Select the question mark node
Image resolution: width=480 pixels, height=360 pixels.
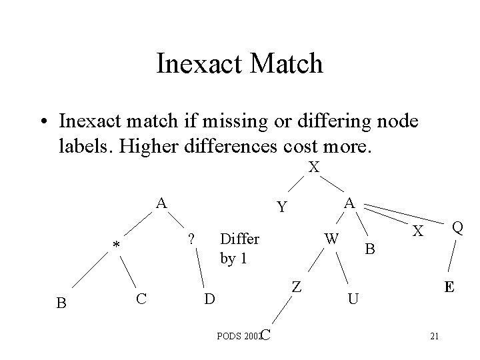(x=190, y=239)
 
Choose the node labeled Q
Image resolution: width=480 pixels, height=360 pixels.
(x=458, y=228)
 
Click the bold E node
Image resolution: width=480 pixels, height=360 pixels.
(x=451, y=287)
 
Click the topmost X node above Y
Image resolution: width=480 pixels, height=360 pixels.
(x=314, y=167)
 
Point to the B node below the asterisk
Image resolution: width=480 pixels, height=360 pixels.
(x=61, y=303)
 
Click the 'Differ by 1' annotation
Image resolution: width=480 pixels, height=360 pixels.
(x=239, y=248)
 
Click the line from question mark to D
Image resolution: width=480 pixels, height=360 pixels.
(x=201, y=268)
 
